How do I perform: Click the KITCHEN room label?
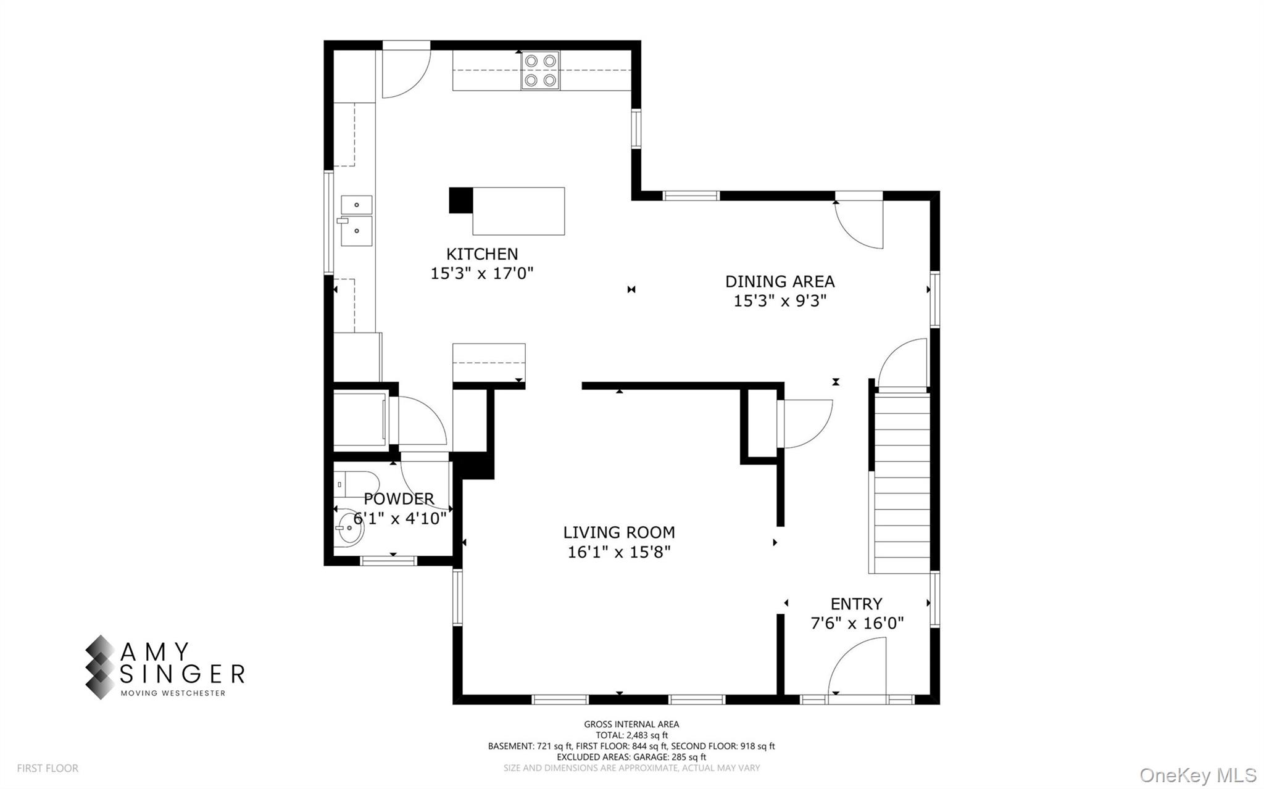click(482, 254)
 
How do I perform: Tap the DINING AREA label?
click(780, 281)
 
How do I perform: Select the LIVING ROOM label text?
click(619, 532)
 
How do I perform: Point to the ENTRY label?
click(856, 604)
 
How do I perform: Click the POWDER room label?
click(399, 498)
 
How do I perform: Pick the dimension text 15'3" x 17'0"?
click(482, 273)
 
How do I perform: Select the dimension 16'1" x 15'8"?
click(619, 551)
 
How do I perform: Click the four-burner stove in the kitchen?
click(540, 70)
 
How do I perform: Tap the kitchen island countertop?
click(518, 211)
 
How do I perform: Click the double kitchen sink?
click(357, 221)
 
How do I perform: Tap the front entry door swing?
click(858, 669)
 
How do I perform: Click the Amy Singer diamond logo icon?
click(100, 667)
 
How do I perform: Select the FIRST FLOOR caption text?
click(48, 768)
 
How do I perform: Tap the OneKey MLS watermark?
click(1197, 775)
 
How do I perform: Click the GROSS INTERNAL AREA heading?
click(631, 724)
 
